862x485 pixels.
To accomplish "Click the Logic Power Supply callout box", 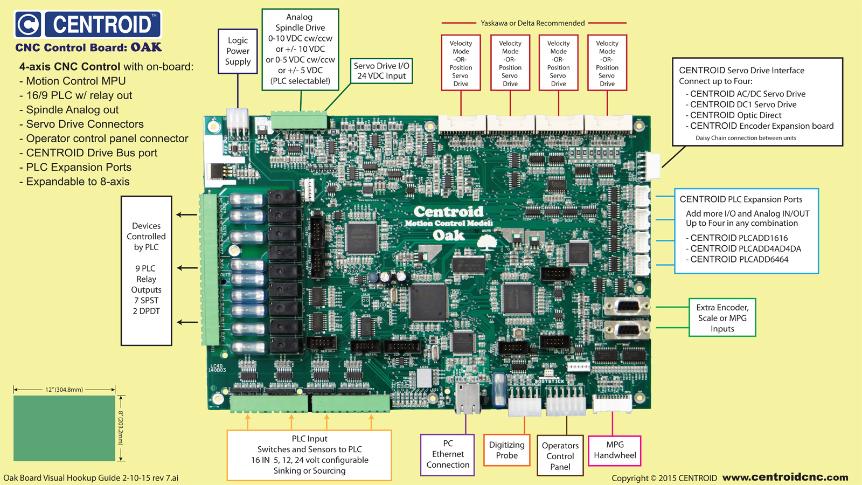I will pyautogui.click(x=238, y=51).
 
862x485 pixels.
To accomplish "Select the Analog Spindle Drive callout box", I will pyautogui.click(x=300, y=48).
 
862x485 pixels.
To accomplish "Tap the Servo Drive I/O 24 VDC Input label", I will pyautogui.click(x=381, y=71).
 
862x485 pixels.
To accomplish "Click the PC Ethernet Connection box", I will pyautogui.click(x=448, y=454).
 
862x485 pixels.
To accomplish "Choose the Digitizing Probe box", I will pyautogui.click(x=506, y=450).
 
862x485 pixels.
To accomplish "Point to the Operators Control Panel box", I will pyautogui.click(x=560, y=456).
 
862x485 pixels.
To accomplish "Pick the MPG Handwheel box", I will pyautogui.click(x=615, y=450).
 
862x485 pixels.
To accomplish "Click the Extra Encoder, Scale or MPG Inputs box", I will pyautogui.click(x=722, y=318).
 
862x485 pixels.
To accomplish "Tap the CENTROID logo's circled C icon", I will pyautogui.click(x=28, y=24).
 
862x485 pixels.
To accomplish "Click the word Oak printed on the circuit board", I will pyautogui.click(x=448, y=235).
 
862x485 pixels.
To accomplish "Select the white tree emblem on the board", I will pyautogui.click(x=487, y=242).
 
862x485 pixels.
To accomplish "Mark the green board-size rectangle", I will pyautogui.click(x=64, y=428).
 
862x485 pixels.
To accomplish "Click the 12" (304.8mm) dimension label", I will pyautogui.click(x=64, y=390).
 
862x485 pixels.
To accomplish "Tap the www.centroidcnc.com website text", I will pyautogui.click(x=785, y=477).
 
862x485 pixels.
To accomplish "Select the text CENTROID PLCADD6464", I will pyautogui.click(x=739, y=259).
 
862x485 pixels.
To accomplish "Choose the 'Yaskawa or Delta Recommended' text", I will pyautogui.click(x=533, y=23).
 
